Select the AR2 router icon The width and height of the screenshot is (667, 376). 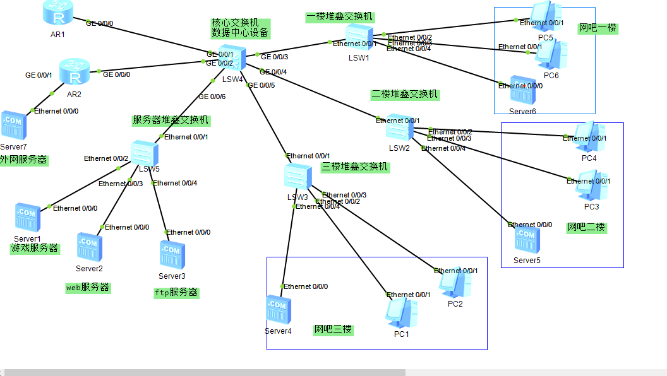point(75,73)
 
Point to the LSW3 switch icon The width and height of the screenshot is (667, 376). point(297,177)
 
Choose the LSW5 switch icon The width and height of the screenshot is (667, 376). point(145,153)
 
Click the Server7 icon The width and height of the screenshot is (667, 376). point(13,126)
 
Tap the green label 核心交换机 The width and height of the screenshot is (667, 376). point(236,23)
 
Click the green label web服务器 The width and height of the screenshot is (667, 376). point(88,287)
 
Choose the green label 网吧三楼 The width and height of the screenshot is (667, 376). point(333,330)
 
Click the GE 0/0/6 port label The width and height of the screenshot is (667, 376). point(212,97)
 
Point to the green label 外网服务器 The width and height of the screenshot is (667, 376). point(23,160)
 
